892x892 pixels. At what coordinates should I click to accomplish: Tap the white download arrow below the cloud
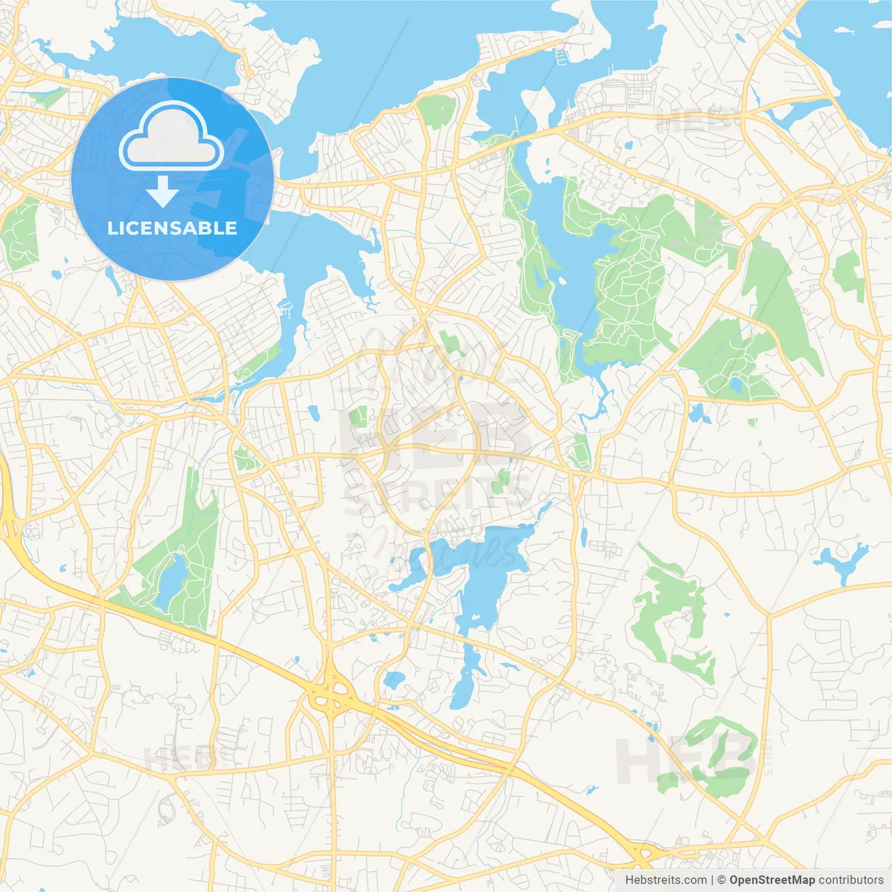(162, 192)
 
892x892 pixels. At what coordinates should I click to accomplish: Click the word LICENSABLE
(172, 228)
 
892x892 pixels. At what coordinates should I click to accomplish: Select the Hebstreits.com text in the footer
(666, 880)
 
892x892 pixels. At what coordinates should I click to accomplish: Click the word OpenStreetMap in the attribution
(771, 880)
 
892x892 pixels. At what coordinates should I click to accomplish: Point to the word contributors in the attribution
(851, 880)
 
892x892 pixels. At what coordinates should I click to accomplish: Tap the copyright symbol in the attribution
(721, 880)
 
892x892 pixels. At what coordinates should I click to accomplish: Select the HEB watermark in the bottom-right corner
(686, 760)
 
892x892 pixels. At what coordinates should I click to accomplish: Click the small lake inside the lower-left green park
(171, 578)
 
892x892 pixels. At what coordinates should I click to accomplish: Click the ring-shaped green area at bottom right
(718, 756)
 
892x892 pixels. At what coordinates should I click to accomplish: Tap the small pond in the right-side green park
(736, 384)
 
